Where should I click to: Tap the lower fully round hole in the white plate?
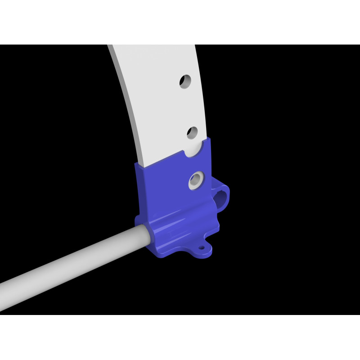point(193,132)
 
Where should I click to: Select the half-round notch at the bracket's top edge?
point(196,150)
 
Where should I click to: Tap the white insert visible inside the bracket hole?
point(194,181)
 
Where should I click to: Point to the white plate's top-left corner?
point(108,45)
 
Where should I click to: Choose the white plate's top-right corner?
point(194,45)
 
